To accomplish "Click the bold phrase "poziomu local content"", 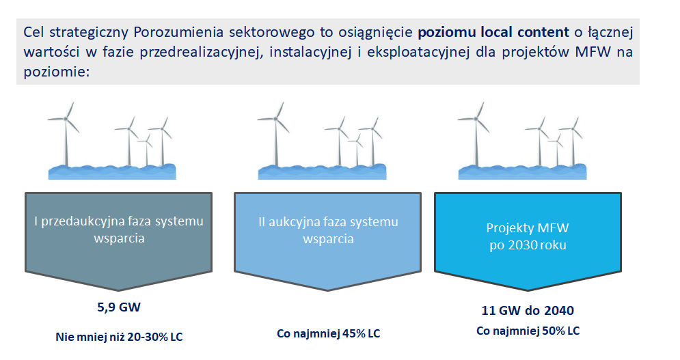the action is tap(493, 33).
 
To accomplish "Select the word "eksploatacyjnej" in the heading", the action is tap(418, 53).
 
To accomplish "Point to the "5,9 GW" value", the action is tap(119, 307).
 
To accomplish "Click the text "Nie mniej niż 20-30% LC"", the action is tap(120, 337).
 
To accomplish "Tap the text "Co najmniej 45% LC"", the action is tap(328, 333).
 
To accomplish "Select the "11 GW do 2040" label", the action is tap(528, 311).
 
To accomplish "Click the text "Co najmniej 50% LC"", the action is tap(528, 331).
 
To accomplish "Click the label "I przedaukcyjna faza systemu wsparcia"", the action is tap(119, 230).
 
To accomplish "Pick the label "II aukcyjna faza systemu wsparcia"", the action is tap(328, 230).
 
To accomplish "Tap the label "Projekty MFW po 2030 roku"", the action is tap(528, 236).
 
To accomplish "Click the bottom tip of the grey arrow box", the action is tap(119, 290).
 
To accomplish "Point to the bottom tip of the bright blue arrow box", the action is tap(528, 290).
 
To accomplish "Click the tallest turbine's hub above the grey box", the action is tap(66, 118).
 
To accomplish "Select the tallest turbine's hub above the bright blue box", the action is tap(476, 118).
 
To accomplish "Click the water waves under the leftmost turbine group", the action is tap(112, 171).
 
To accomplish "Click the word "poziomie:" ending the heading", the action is tap(56, 72).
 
